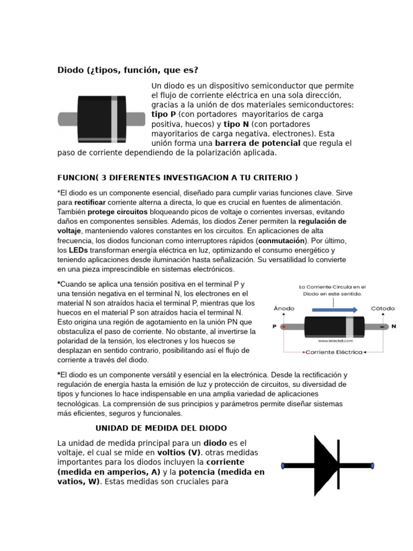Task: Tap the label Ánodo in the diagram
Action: coord(284,308)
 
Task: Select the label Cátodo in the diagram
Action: coord(383,308)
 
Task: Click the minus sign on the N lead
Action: coord(383,326)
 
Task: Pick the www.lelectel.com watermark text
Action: coord(335,341)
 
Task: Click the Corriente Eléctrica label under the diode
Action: coord(333,352)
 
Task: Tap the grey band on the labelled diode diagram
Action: coord(350,326)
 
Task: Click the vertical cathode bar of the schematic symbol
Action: coord(339,465)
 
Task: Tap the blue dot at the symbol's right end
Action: coord(372,465)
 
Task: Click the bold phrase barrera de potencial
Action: coord(257,143)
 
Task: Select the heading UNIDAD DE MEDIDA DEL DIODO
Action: coord(161,428)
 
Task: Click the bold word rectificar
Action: coord(90,202)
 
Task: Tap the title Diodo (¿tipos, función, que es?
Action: coord(128,70)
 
